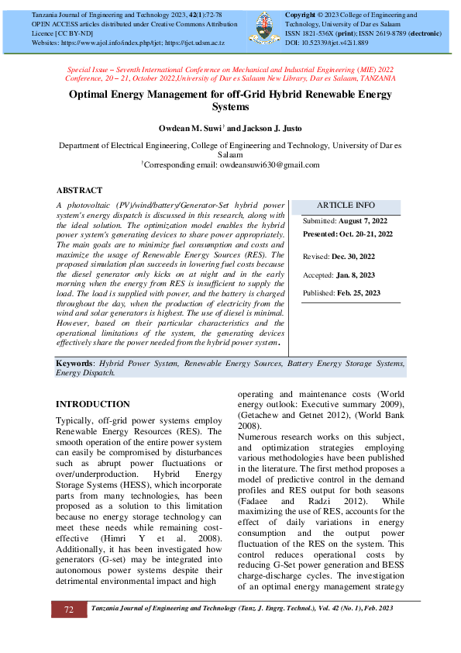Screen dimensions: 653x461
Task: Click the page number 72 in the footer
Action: pos(69,610)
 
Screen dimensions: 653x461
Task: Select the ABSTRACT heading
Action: pos(79,190)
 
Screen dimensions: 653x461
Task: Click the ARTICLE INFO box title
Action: pos(346,206)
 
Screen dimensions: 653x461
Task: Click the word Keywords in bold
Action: pos(74,363)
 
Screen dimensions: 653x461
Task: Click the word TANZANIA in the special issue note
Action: pos(373,78)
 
